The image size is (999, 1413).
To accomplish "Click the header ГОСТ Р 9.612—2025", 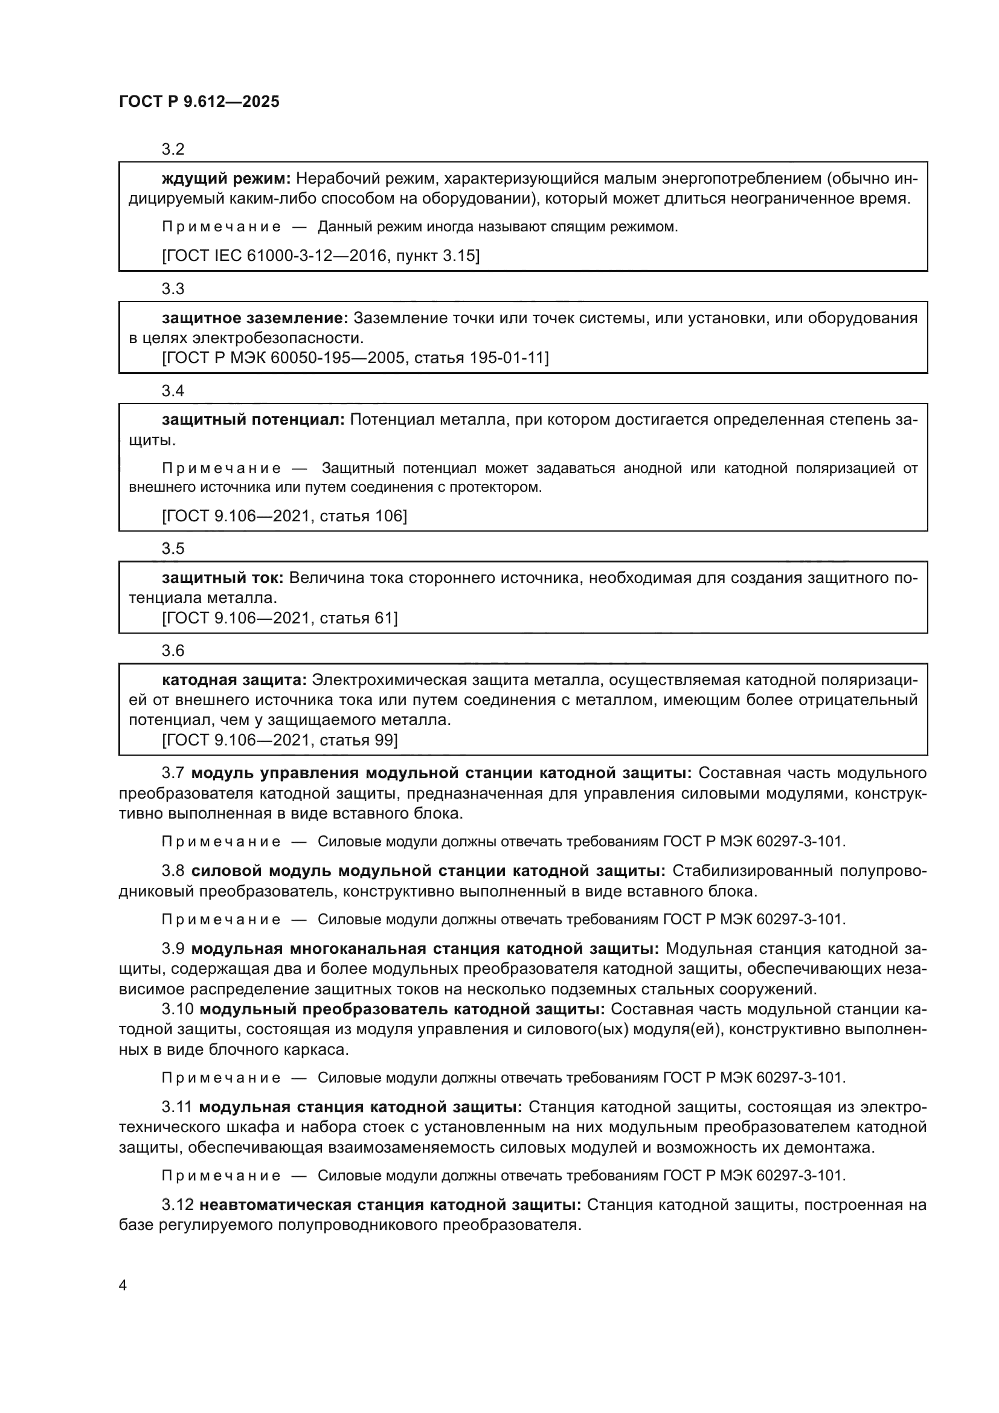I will pyautogui.click(x=199, y=101).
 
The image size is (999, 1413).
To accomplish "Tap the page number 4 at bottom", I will pyautogui.click(x=123, y=1285).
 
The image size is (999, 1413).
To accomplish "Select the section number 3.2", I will pyautogui.click(x=173, y=149).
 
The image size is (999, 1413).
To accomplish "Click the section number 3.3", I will pyautogui.click(x=173, y=289).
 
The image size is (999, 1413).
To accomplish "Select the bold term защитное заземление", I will pyautogui.click(x=255, y=318).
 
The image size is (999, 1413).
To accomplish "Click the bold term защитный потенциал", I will pyautogui.click(x=253, y=420).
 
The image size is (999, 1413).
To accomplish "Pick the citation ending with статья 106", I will pyautogui.click(x=284, y=516).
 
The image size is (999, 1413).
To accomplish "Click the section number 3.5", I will pyautogui.click(x=173, y=549).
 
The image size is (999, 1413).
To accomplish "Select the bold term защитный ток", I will pyautogui.click(x=222, y=578).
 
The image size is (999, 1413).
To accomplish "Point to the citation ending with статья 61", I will pyautogui.click(x=280, y=618).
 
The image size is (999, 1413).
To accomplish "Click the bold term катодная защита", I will pyautogui.click(x=234, y=680).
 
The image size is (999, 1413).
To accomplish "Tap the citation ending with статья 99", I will pyautogui.click(x=280, y=740).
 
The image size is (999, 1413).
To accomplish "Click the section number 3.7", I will pyautogui.click(x=173, y=773).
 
